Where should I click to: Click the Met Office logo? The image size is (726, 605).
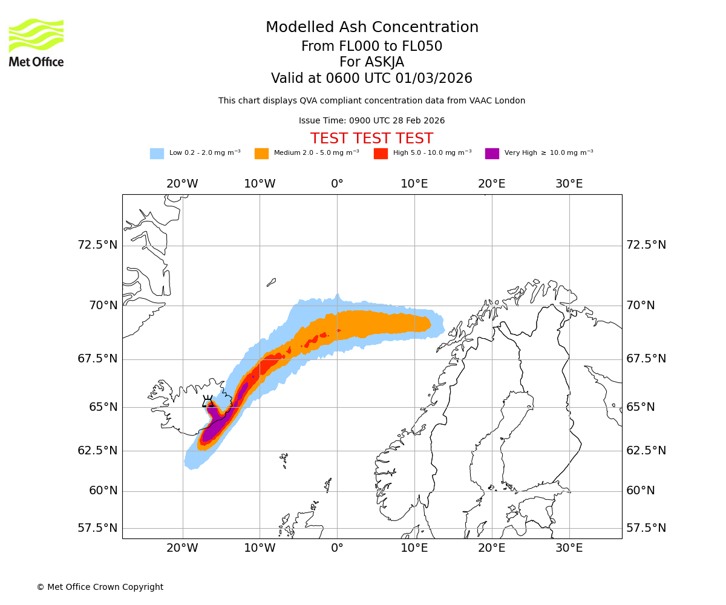pos(36,42)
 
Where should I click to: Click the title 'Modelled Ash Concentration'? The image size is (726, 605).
pos(372,27)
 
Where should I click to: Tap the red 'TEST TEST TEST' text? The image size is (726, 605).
pos(371,139)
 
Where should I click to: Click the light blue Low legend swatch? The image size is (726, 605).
pos(157,154)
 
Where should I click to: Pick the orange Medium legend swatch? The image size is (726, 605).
pos(261,154)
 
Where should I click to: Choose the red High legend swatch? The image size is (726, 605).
pos(381,154)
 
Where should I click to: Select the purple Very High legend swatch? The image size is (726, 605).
pos(492,154)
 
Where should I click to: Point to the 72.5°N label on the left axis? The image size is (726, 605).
pos(97,245)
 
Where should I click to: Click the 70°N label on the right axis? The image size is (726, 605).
pos(640,306)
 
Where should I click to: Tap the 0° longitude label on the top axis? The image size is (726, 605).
pos(337,184)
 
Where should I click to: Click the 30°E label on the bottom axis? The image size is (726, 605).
pos(569,548)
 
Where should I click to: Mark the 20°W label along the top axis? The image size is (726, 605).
pos(182,184)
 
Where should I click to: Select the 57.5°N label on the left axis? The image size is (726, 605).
pos(97,528)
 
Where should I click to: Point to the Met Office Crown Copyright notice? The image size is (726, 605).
pos(100,587)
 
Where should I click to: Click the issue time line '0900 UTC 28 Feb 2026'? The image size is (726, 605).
pos(371,120)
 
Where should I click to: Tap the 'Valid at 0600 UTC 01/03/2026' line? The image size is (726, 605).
pos(371,79)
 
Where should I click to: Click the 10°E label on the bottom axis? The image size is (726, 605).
pos(414,548)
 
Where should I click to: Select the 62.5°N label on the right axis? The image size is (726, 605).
pos(646,451)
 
